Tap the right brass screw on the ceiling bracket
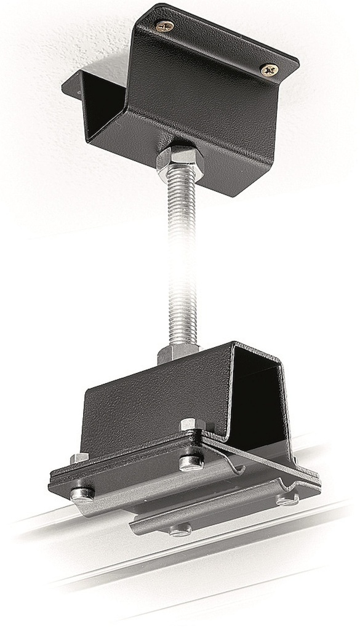(x=269, y=70)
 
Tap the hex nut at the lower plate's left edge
(x=79, y=458)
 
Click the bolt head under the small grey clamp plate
(x=180, y=529)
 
